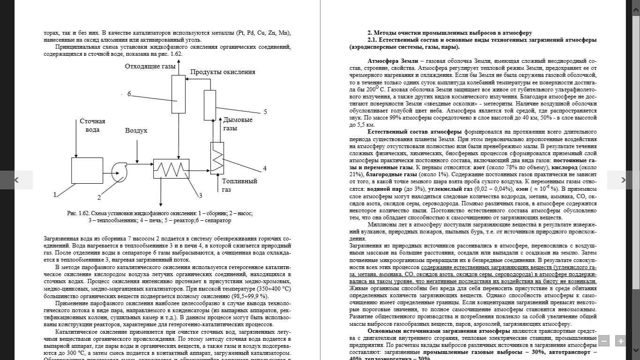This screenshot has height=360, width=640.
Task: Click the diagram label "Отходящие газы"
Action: click(150, 66)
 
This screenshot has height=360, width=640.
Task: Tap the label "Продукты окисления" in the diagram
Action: click(223, 72)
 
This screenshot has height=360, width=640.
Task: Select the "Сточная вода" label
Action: click(92, 125)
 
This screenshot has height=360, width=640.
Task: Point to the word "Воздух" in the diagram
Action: click(136, 130)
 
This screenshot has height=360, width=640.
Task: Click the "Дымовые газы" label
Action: click(238, 124)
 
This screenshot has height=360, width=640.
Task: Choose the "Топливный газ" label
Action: click(239, 185)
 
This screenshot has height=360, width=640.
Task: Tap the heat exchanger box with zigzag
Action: click(171, 169)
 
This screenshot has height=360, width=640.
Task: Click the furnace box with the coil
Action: click(217, 157)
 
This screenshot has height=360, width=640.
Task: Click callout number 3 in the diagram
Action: click(200, 195)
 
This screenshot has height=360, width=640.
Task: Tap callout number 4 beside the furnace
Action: click(264, 168)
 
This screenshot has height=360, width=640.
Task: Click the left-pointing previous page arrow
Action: click(16, 180)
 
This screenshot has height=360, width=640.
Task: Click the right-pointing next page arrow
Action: click(623, 180)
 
